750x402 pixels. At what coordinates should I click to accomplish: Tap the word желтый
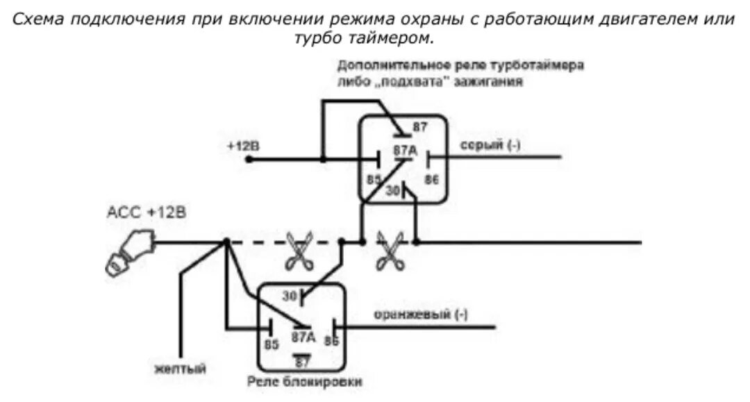tap(180, 368)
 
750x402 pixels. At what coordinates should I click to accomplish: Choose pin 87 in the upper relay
tap(419, 126)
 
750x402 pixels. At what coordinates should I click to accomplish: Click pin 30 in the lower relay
tap(290, 296)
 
